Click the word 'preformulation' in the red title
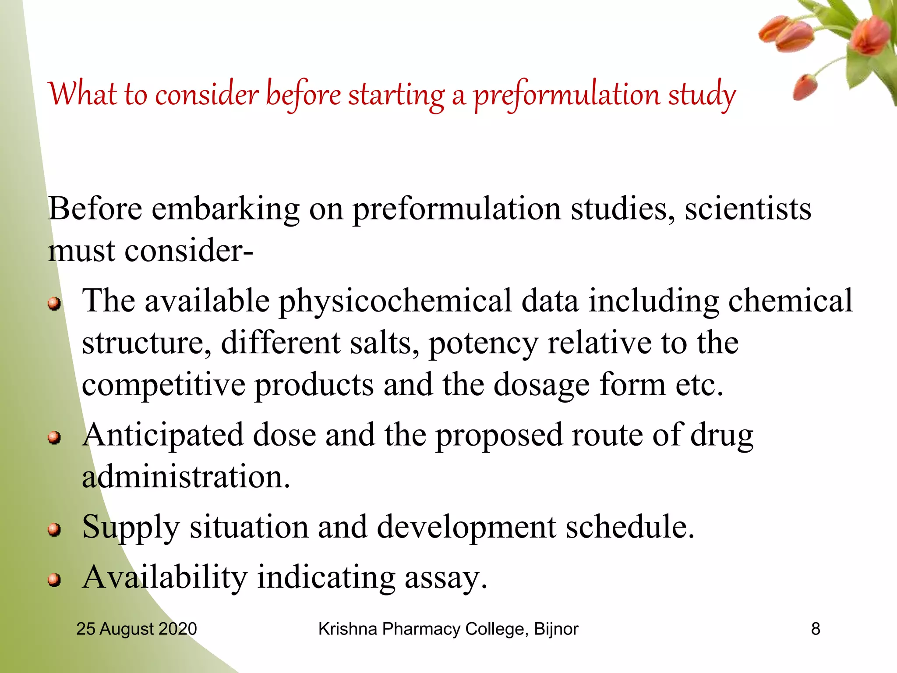tap(567, 95)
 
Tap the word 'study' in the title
tap(702, 95)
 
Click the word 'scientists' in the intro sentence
tap(748, 209)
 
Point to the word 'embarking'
tap(226, 209)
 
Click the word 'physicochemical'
tap(395, 301)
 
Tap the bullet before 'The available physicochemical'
tap(54, 303)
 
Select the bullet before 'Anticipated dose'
tap(54, 437)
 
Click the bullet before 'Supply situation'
tap(54, 529)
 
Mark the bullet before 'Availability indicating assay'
tap(54, 580)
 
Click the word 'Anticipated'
tap(162, 436)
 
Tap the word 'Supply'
tap(131, 528)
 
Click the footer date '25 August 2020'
tap(136, 629)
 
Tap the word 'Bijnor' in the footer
tap(556, 629)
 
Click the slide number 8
tap(815, 629)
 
